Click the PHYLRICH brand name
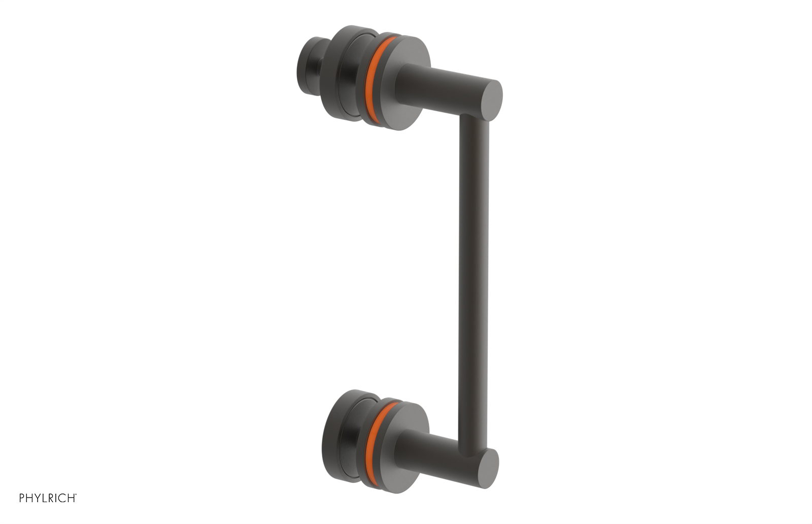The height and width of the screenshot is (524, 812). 47,498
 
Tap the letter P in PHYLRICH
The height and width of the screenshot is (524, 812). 22,498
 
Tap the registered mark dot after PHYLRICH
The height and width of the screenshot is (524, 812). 76,495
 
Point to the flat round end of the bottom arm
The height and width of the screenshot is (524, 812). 487,468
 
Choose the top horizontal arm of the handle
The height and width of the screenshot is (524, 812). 447,86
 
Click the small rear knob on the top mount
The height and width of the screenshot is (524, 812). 311,66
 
